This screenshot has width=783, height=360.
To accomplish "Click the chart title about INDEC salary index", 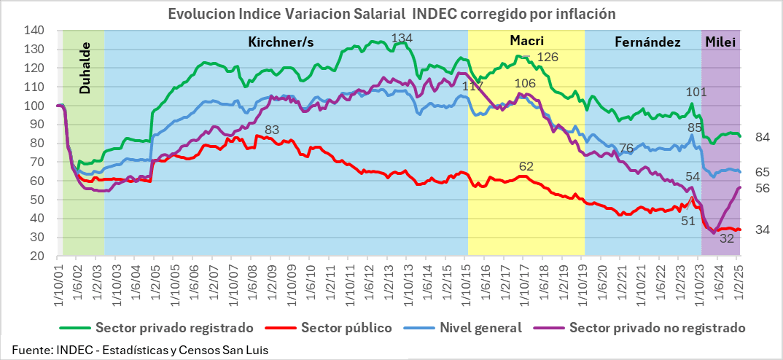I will (x=391, y=14).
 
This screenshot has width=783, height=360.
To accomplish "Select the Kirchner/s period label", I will (x=281, y=42).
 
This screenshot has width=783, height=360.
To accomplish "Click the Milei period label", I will (x=720, y=42).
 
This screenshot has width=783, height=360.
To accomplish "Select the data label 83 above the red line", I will (x=272, y=130).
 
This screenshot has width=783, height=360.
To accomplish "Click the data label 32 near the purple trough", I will (x=727, y=238).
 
